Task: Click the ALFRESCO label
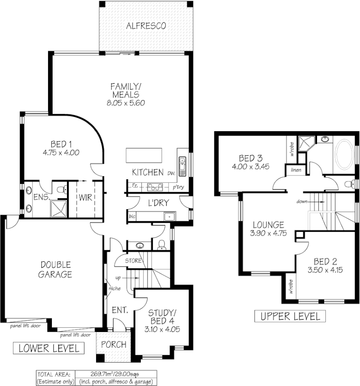coord(146,26)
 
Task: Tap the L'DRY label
coord(158,203)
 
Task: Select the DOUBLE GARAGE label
coord(56,270)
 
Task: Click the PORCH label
coord(114,344)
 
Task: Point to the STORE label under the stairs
coord(133,261)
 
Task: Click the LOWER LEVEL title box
coord(48,348)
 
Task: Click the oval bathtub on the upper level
coord(345,156)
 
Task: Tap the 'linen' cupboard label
coord(296,170)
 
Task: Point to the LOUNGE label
coord(268,225)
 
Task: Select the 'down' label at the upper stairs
coord(302,201)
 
